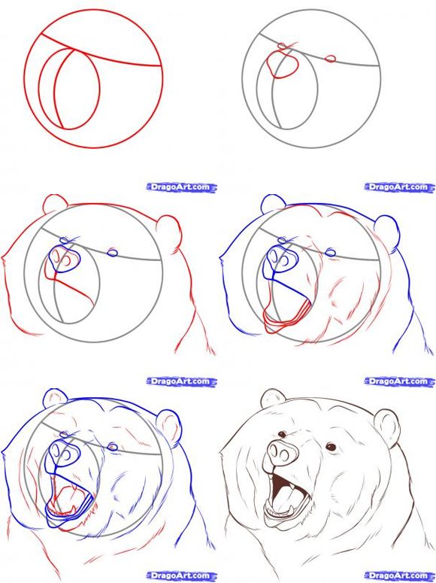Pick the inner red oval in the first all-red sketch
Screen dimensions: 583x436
point(76,87)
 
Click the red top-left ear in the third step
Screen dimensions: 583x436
point(55,205)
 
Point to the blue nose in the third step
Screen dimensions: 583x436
point(65,260)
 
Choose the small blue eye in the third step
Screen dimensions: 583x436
point(113,252)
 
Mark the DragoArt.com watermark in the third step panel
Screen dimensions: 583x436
point(178,186)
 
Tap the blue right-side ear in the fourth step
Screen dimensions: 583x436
point(386,228)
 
